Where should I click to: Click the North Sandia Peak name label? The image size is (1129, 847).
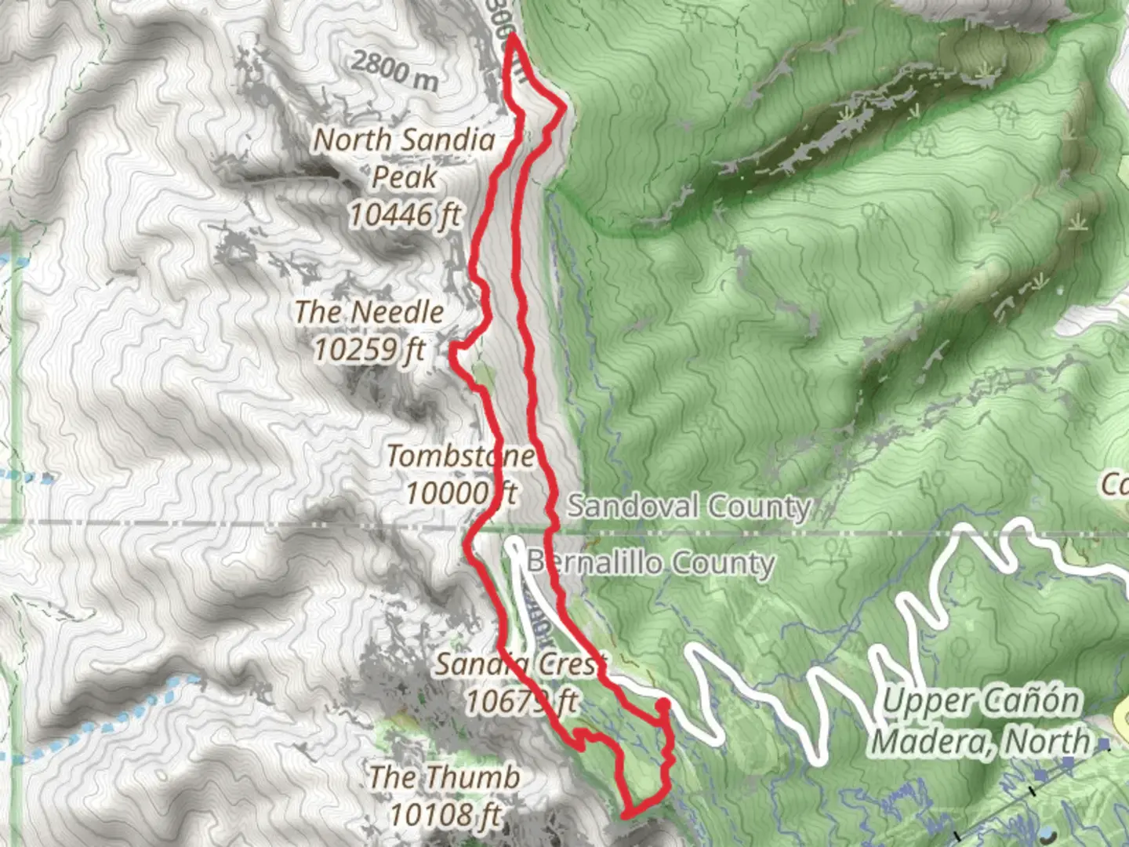click(x=405, y=158)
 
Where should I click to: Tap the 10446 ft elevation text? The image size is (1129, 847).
click(x=405, y=214)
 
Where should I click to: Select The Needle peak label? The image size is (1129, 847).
click(x=369, y=312)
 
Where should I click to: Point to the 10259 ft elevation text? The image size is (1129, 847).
click(x=369, y=349)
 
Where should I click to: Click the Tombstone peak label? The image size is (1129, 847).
click(x=460, y=456)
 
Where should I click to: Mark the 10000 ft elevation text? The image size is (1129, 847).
click(x=460, y=493)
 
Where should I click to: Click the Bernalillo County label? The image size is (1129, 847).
click(x=650, y=562)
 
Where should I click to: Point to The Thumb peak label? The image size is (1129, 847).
click(x=444, y=777)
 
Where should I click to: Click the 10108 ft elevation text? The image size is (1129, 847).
click(x=444, y=815)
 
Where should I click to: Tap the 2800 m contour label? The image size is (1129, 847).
click(x=394, y=70)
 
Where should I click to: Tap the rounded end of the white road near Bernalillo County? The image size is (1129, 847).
click(x=514, y=543)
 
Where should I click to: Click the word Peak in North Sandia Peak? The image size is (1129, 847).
click(x=405, y=177)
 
